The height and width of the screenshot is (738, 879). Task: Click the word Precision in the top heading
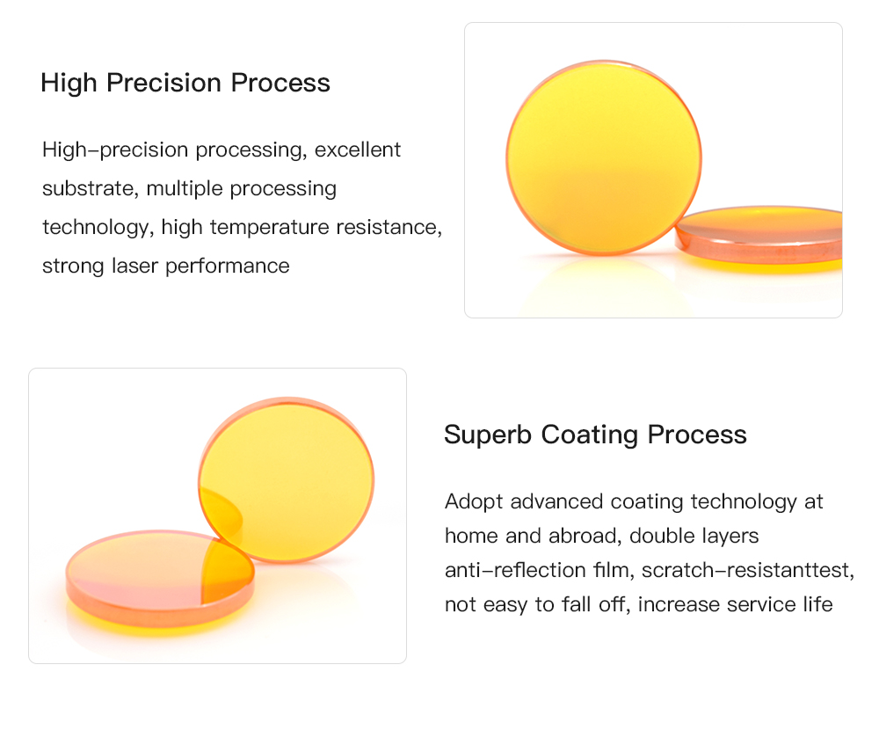click(x=164, y=83)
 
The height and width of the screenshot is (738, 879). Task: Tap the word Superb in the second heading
click(x=488, y=435)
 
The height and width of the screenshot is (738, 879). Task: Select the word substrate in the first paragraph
click(x=90, y=188)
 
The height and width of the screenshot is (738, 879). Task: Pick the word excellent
click(x=358, y=150)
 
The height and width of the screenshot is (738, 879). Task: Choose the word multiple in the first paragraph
click(x=185, y=189)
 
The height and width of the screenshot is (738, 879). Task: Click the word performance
click(x=228, y=267)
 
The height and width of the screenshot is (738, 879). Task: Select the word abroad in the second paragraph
click(x=585, y=536)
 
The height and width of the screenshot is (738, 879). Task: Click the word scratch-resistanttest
click(x=748, y=570)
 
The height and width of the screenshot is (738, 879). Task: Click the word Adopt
click(x=474, y=502)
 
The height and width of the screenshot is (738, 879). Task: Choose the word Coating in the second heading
click(x=590, y=435)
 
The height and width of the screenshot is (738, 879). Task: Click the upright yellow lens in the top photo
click(x=604, y=157)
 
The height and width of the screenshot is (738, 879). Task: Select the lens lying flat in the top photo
click(x=759, y=236)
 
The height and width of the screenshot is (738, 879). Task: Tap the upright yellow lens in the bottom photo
click(x=287, y=480)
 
